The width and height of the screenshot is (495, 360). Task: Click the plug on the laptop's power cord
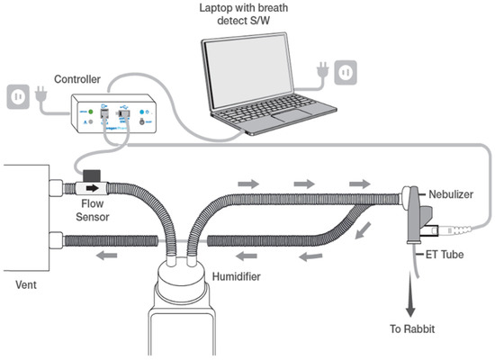(322, 71)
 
